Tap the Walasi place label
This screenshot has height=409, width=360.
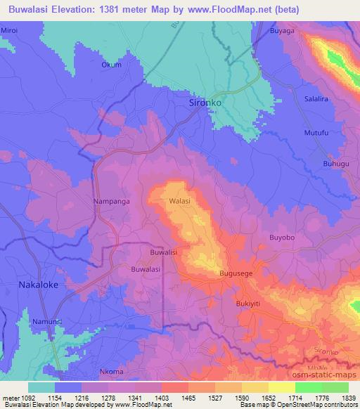pyautogui.click(x=179, y=201)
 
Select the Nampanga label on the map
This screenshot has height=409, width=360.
pyautogui.click(x=109, y=201)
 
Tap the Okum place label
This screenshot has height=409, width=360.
pyautogui.click(x=111, y=65)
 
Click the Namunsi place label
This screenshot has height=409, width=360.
pyautogui.click(x=46, y=321)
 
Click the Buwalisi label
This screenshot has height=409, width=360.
pyautogui.click(x=163, y=251)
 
